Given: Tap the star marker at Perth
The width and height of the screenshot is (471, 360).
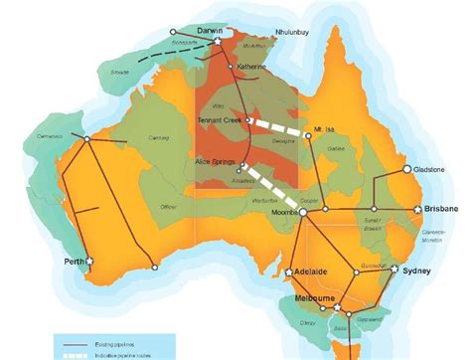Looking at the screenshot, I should click(x=89, y=261).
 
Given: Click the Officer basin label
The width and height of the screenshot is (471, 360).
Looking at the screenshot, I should click(x=166, y=206).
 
